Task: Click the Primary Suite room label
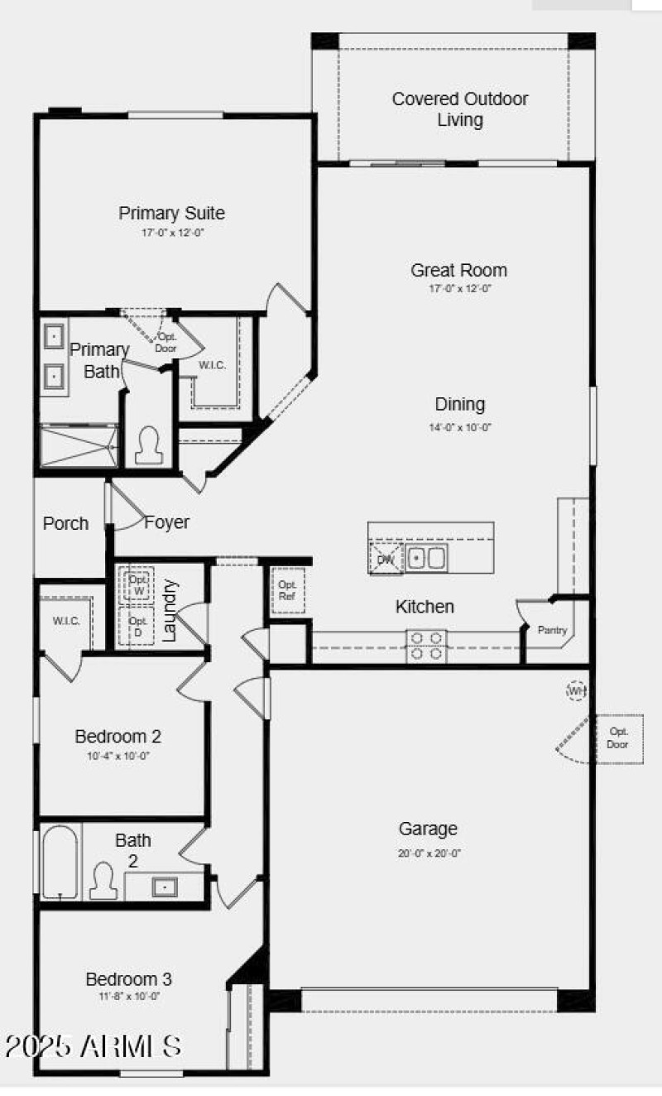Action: point(171,213)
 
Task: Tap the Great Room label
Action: point(458,270)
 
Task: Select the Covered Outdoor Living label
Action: point(460,109)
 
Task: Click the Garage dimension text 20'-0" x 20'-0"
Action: point(428,853)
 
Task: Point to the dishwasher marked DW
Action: point(386,559)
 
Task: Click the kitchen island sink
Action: point(426,559)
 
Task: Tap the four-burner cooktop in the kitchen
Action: point(425,646)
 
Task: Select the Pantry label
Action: point(552,631)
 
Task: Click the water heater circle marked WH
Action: point(576,690)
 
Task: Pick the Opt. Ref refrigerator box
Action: point(288,590)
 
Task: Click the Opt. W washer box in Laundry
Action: point(137,584)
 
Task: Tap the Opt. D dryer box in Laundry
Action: point(137,627)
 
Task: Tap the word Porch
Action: point(65,523)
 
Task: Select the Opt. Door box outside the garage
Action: point(619,738)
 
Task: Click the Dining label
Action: point(460,404)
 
